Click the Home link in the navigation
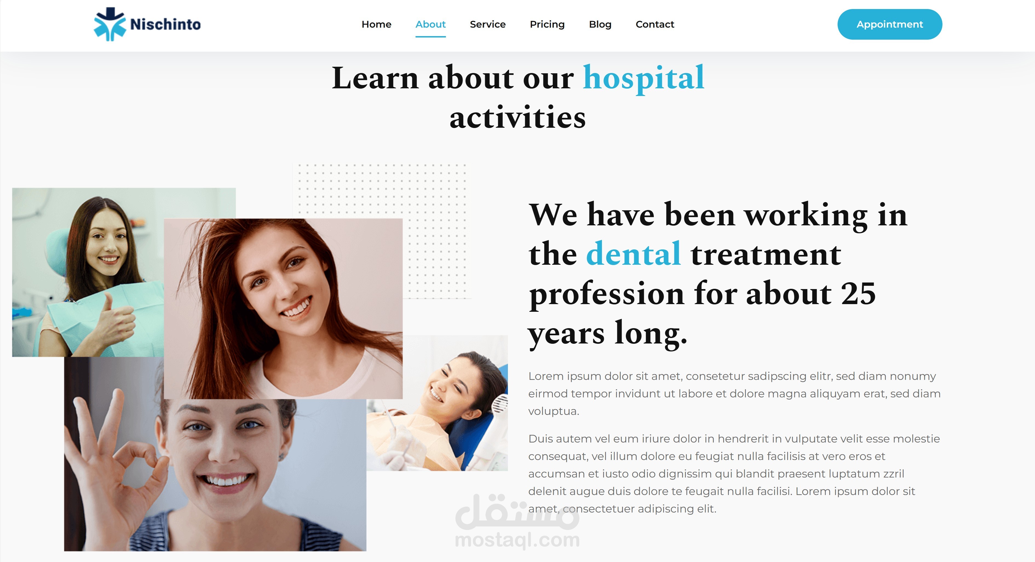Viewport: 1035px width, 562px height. pos(376,25)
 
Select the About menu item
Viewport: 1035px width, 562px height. pos(430,25)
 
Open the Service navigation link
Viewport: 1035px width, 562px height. pos(487,25)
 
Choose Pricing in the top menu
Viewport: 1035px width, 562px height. pos(547,25)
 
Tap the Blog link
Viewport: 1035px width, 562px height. pos(600,25)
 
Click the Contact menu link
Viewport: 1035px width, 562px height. pos(654,25)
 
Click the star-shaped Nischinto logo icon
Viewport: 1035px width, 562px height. pos(109,24)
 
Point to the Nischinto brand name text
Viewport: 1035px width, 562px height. pos(165,25)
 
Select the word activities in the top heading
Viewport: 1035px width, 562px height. pos(517,118)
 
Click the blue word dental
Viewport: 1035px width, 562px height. pos(633,254)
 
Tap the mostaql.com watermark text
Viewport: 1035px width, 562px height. pos(517,540)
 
